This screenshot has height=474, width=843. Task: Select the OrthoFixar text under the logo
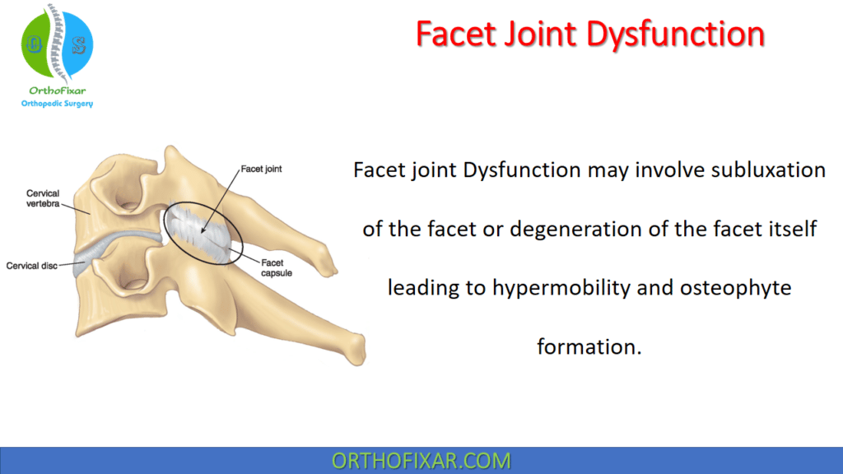(x=56, y=91)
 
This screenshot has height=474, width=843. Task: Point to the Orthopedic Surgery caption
(x=57, y=104)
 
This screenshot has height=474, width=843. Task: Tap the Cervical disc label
(x=32, y=266)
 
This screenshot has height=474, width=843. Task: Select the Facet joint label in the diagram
(x=262, y=169)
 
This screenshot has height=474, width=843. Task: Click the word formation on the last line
(x=589, y=346)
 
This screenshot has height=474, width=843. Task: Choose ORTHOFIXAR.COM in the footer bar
(x=421, y=461)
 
